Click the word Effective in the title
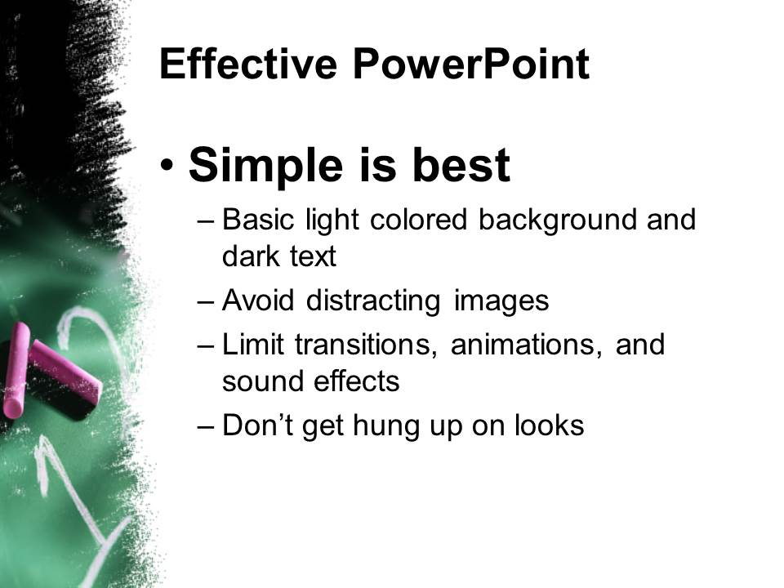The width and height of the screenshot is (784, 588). [x=248, y=64]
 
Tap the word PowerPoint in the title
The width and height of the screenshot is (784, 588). [x=471, y=64]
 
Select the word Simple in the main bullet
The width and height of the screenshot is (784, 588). [x=265, y=166]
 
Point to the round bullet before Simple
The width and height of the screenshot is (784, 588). [x=167, y=164]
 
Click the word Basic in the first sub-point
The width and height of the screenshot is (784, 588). [x=258, y=219]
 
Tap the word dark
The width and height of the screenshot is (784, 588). [x=251, y=256]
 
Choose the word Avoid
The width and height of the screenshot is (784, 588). [x=258, y=300]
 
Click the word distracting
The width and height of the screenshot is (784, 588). [x=373, y=301]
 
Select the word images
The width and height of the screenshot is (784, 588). [x=501, y=301]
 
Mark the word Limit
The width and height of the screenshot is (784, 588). [x=253, y=344]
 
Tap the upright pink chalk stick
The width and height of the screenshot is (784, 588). [x=16, y=370]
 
